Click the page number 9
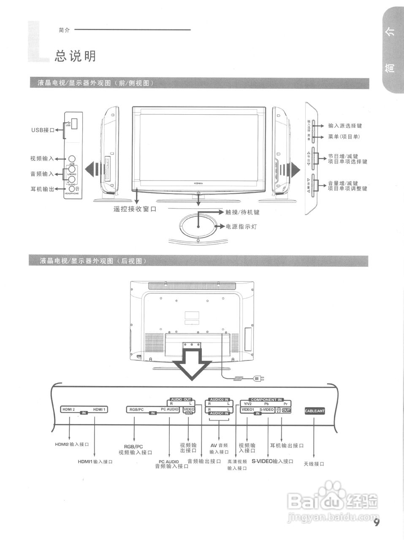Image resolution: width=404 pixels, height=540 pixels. click(377, 523)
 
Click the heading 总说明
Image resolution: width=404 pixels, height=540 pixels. click(75, 56)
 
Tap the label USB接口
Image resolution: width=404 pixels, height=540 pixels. click(43, 130)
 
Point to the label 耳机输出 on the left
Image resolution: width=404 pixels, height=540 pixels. click(42, 189)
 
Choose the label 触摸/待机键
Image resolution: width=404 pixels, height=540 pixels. click(242, 212)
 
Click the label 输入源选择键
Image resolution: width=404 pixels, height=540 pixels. click(344, 126)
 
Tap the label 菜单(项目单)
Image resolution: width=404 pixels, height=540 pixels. click(344, 137)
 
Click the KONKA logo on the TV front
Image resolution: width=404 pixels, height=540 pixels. click(198, 183)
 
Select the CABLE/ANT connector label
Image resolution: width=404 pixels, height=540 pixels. click(315, 410)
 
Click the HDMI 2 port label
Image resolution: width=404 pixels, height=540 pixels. click(68, 409)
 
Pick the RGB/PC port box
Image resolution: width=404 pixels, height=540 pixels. click(136, 409)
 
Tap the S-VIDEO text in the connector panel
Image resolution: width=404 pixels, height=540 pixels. click(266, 410)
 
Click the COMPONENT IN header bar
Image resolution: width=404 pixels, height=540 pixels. click(266, 400)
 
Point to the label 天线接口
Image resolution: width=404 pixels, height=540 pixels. click(314, 464)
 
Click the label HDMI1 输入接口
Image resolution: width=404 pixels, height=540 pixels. click(95, 462)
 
